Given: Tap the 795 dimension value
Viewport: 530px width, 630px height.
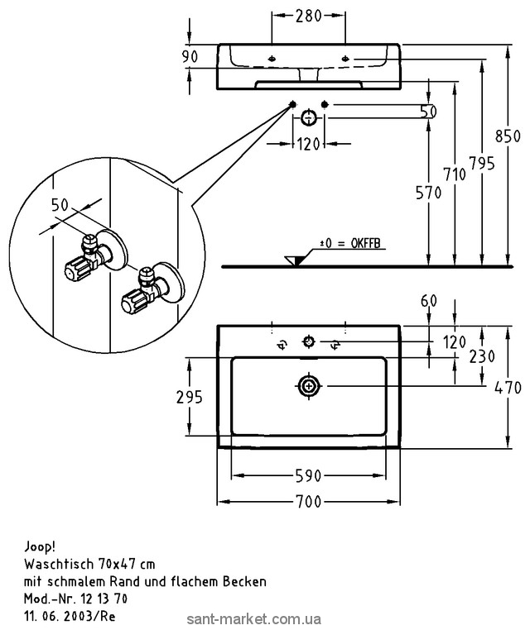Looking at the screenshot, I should (481, 163).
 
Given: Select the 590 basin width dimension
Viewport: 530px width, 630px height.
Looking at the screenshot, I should (309, 476).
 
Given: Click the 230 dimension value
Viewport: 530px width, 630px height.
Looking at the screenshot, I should (484, 356).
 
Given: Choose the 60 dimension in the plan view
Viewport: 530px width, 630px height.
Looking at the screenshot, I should (428, 302).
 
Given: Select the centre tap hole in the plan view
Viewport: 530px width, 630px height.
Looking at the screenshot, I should (310, 341).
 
